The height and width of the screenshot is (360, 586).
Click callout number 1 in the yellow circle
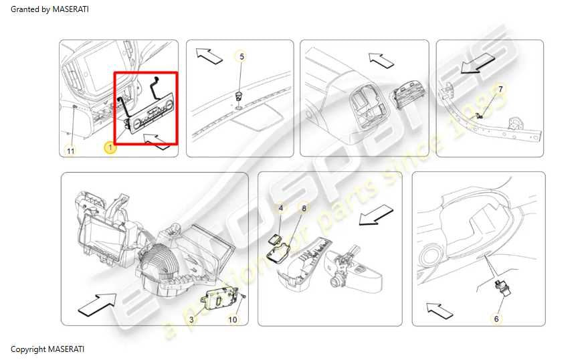click(110, 148)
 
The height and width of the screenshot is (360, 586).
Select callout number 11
click(71, 151)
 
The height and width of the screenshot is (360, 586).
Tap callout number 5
click(241, 56)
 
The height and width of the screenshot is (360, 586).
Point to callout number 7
click(500, 89)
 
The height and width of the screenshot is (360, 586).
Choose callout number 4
click(281, 207)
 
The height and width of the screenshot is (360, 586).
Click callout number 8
click(304, 207)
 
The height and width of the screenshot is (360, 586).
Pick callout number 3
click(192, 320)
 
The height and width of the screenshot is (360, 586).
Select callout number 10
click(232, 320)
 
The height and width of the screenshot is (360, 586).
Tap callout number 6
click(496, 319)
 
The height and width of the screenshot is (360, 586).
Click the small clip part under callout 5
click(238, 96)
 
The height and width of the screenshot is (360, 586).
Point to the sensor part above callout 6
click(501, 287)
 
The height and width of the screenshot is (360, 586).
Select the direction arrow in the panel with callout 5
click(209, 56)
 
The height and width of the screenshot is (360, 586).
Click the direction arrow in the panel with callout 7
click(478, 62)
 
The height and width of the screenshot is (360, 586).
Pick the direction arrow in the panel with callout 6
click(440, 311)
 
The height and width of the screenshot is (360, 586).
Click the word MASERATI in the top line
click(70, 9)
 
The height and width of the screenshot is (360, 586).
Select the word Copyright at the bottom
click(28, 349)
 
